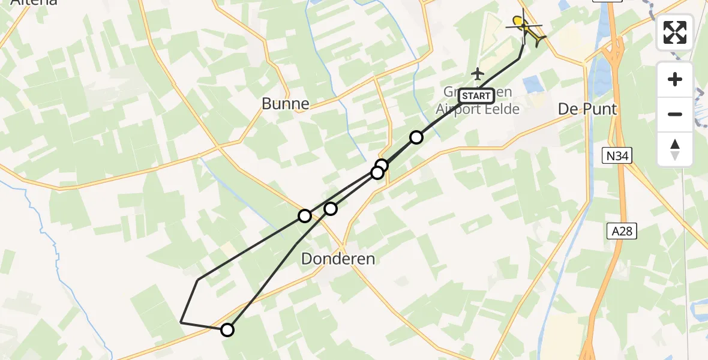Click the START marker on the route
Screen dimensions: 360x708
point(476,96)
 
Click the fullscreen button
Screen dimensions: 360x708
point(675,32)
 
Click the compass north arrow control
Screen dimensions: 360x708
point(675,149)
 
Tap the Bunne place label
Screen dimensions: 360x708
point(286,104)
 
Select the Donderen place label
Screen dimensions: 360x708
point(338,259)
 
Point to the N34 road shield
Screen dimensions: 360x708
point(617,157)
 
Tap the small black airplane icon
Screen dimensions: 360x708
point(478,74)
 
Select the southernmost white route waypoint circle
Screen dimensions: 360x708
point(227,329)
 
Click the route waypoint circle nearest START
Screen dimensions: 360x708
point(416,137)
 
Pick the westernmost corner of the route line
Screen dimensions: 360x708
point(181,322)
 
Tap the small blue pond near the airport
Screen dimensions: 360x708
point(533,85)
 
